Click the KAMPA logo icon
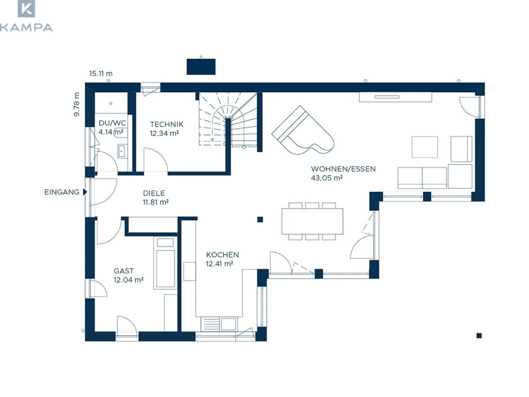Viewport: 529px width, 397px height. (x=26, y=9)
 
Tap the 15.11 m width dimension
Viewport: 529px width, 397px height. (x=101, y=73)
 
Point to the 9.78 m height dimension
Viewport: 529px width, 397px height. (x=76, y=104)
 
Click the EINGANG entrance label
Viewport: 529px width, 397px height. (x=62, y=192)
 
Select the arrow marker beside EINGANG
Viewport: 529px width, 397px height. (x=85, y=192)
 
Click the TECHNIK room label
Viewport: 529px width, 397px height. (x=167, y=124)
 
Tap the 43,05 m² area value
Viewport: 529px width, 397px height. (x=327, y=178)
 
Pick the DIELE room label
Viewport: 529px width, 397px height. (x=154, y=193)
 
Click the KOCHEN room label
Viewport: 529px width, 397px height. (x=222, y=255)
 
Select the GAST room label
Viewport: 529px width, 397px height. (x=124, y=271)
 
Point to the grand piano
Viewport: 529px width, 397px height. (x=303, y=132)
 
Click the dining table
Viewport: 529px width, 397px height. (x=312, y=221)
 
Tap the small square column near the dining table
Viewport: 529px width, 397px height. (x=260, y=219)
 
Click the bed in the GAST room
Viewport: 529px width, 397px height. (x=165, y=263)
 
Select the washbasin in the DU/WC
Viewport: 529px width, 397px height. (x=122, y=151)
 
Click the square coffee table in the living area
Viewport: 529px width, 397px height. (x=424, y=147)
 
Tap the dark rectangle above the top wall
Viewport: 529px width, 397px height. (x=201, y=67)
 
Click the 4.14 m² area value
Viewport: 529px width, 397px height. (x=111, y=132)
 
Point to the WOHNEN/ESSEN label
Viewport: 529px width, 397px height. (x=343, y=169)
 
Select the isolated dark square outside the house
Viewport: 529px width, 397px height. (x=479, y=335)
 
